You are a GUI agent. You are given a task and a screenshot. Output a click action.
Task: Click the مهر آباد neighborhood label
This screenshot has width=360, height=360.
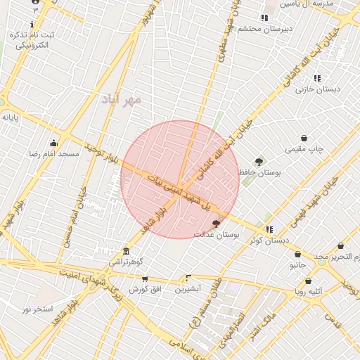click(x=121, y=99)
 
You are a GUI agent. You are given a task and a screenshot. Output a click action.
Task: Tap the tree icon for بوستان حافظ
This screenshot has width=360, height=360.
click(x=259, y=162)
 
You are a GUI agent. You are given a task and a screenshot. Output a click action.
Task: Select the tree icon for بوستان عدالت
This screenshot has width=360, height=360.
click(x=215, y=224)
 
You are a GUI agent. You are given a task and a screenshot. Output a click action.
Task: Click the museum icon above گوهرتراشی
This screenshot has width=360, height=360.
click(x=126, y=251)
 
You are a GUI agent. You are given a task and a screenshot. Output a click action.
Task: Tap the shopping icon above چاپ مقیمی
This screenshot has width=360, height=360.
click(x=304, y=139)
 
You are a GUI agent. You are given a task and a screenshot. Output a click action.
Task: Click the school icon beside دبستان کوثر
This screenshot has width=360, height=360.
click(x=269, y=229)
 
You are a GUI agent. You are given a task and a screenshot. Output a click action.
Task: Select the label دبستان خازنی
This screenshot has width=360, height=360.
click(x=318, y=89)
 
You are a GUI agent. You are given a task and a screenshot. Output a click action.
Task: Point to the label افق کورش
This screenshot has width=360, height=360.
click(x=146, y=289)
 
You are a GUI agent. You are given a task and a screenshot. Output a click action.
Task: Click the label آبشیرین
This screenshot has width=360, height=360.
click(x=188, y=288)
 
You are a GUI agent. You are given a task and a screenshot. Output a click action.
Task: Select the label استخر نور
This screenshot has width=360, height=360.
click(x=37, y=309)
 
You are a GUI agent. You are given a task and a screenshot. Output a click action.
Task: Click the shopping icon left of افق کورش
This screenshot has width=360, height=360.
click(x=145, y=278)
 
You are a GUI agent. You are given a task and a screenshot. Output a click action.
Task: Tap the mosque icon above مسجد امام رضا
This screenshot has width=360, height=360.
click(x=53, y=143)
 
